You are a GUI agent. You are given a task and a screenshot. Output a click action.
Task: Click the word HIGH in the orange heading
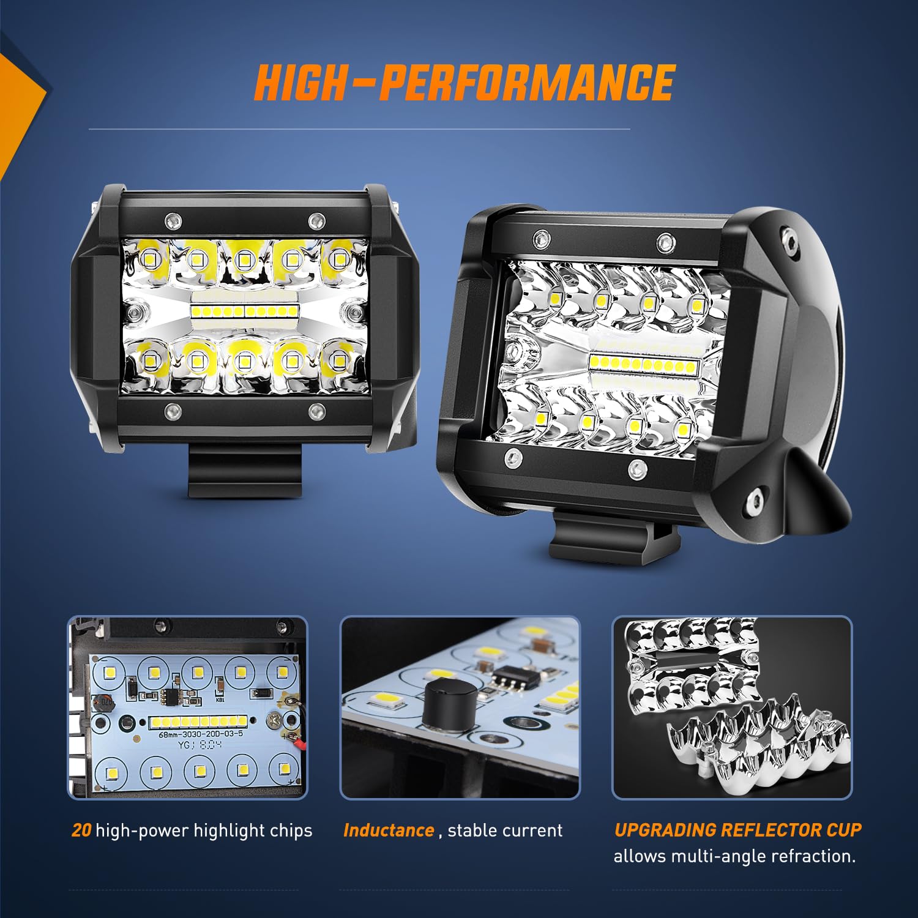click(300, 83)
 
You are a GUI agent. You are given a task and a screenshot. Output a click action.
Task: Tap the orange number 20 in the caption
click(81, 830)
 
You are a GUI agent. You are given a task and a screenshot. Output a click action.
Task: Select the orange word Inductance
click(389, 830)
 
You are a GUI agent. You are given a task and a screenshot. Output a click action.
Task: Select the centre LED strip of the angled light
click(644, 365)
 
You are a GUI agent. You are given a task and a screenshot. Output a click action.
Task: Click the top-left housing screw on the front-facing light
click(173, 219)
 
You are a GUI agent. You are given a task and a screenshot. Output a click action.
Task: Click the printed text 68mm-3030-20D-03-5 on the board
click(201, 734)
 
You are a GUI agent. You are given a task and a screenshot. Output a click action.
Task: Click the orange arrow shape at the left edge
click(18, 110)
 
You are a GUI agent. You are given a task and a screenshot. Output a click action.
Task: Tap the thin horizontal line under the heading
click(359, 129)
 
